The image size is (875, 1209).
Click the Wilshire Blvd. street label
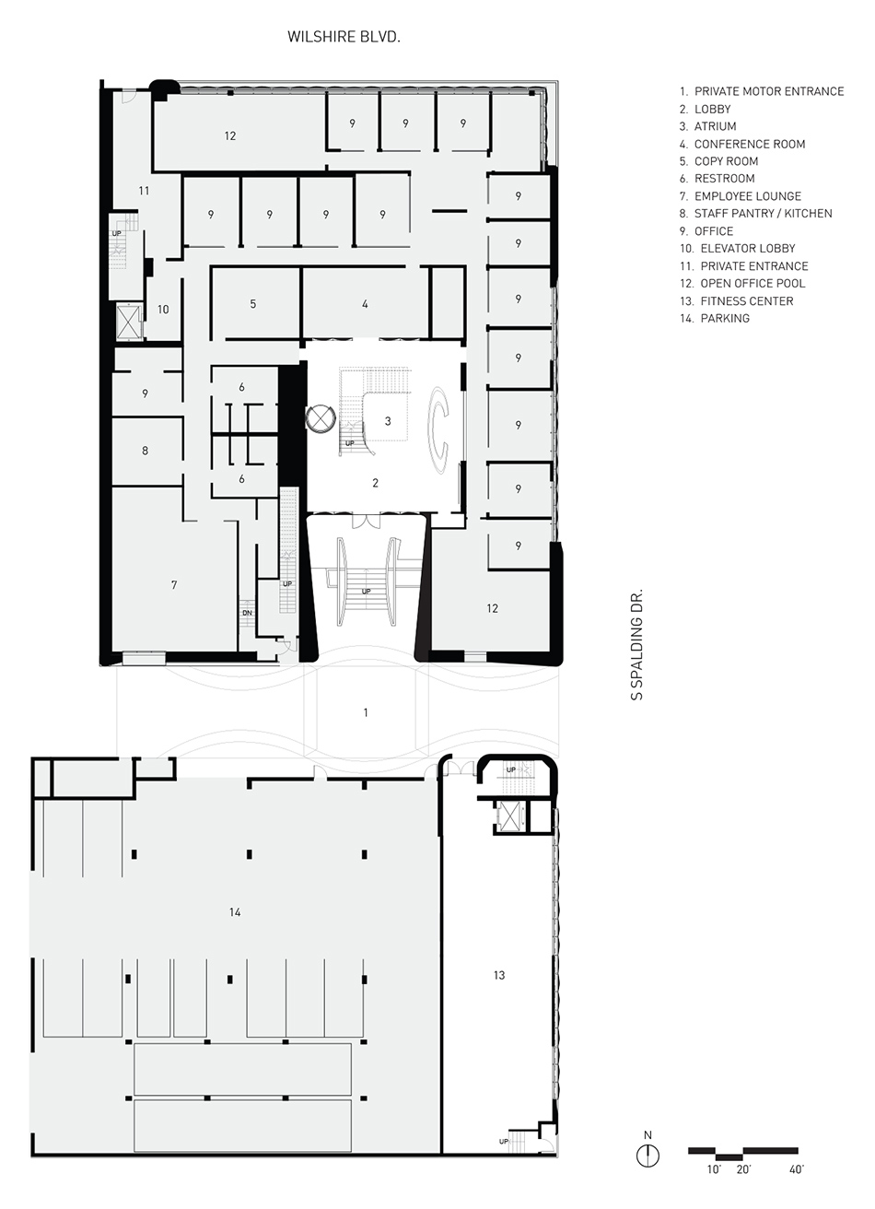[x=344, y=37]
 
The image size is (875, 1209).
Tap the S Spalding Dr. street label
[x=637, y=645]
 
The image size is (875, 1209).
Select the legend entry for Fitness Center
[x=737, y=300]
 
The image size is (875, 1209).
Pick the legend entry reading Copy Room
[x=719, y=161]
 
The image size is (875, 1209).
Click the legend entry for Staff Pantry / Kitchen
[x=756, y=213]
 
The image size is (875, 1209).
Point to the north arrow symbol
[x=647, y=1156]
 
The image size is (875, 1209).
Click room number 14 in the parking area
[x=235, y=912]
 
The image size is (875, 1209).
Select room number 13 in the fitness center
[x=499, y=975]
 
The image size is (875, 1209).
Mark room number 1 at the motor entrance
[x=366, y=712]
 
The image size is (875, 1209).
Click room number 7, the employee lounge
[x=174, y=584]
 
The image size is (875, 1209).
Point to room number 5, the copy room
[x=253, y=304]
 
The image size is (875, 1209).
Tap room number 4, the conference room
[x=366, y=304]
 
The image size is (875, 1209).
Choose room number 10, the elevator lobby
[x=163, y=310]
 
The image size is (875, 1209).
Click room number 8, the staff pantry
[x=145, y=450]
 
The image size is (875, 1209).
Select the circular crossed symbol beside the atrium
[x=321, y=417]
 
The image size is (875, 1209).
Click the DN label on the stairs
[x=247, y=613]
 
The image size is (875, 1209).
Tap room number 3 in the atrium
[x=388, y=421]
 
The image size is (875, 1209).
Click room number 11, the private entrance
[x=144, y=191]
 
